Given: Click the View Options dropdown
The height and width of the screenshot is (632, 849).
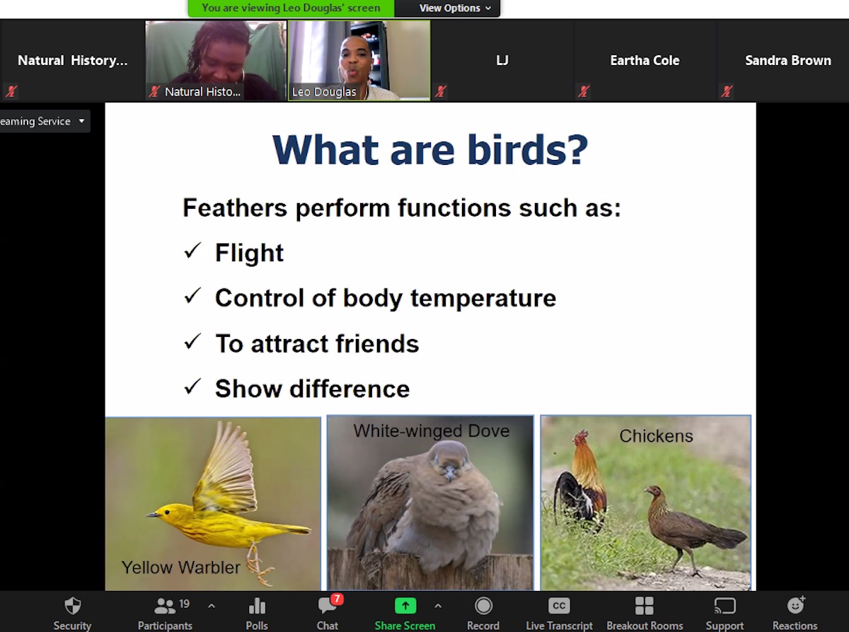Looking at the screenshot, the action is pyautogui.click(x=455, y=8).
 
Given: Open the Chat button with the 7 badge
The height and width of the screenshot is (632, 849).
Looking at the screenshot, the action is pyautogui.click(x=328, y=613).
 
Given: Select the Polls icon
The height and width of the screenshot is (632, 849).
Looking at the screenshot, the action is pyautogui.click(x=257, y=606).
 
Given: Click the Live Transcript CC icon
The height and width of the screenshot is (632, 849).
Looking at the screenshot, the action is pyautogui.click(x=559, y=606).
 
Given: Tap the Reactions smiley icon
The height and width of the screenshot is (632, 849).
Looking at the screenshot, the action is pyautogui.click(x=795, y=606).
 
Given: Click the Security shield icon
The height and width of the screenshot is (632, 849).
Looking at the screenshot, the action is pyautogui.click(x=72, y=606).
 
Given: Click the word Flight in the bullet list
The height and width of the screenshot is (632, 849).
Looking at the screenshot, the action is pyautogui.click(x=249, y=253).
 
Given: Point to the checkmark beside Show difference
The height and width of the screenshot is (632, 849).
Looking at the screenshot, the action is pyautogui.click(x=192, y=387).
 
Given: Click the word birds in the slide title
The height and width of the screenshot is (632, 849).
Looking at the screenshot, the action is pyautogui.click(x=528, y=150).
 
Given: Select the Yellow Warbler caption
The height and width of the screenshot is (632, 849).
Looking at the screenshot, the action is pyautogui.click(x=180, y=568).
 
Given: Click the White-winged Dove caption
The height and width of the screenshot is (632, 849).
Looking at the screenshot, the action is pyautogui.click(x=432, y=431).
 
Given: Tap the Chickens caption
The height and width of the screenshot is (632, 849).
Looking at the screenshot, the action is pyautogui.click(x=656, y=436).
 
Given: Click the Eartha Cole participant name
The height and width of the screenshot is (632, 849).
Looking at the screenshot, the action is pyautogui.click(x=645, y=60).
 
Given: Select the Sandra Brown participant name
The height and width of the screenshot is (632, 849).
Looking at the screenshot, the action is pyautogui.click(x=788, y=60).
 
